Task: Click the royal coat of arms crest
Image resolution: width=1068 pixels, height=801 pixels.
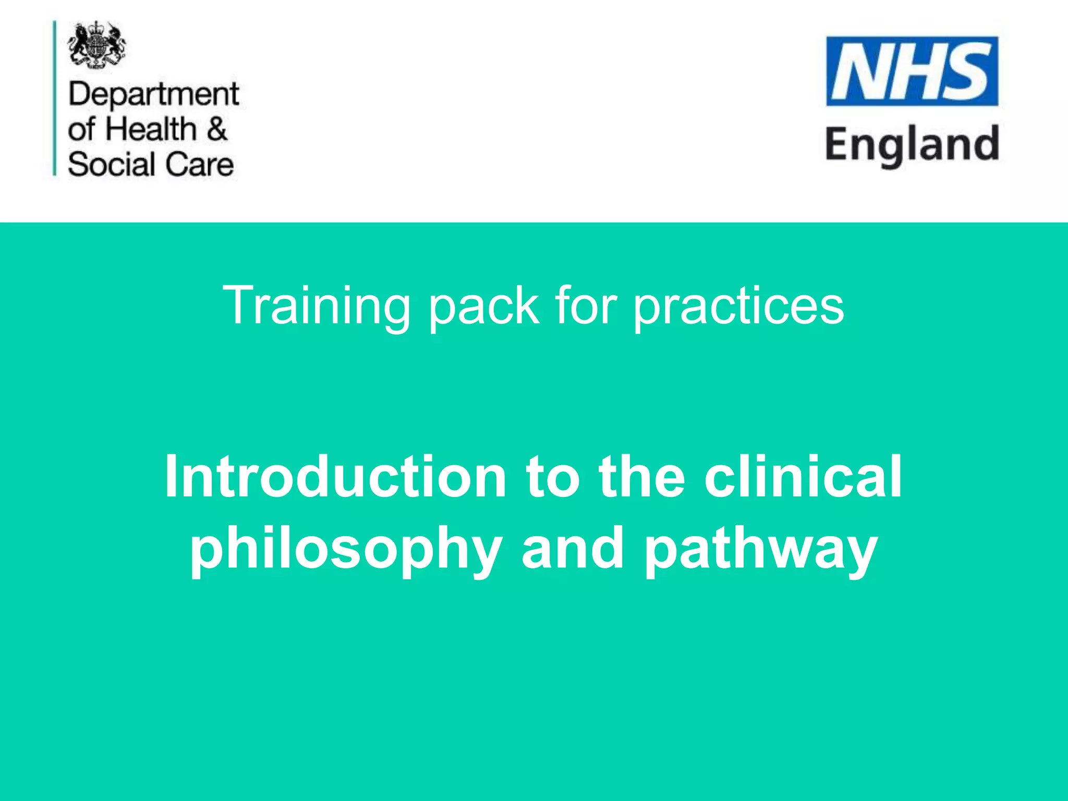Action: pos(96,45)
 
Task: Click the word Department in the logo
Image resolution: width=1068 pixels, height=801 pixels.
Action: pos(153,95)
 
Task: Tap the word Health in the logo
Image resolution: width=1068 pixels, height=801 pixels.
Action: pos(151,129)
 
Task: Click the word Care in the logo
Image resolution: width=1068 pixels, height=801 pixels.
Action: pos(200,164)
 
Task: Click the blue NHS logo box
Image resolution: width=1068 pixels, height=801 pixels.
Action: pos(912,71)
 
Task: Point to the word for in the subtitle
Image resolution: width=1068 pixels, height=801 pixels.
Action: pos(586,306)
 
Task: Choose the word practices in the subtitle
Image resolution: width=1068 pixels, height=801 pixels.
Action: pos(738,306)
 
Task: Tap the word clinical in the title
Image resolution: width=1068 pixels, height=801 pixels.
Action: pos(803,477)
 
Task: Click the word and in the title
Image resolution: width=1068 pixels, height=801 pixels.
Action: pos(573,549)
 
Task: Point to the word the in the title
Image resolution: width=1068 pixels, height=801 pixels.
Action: pos(642,477)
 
